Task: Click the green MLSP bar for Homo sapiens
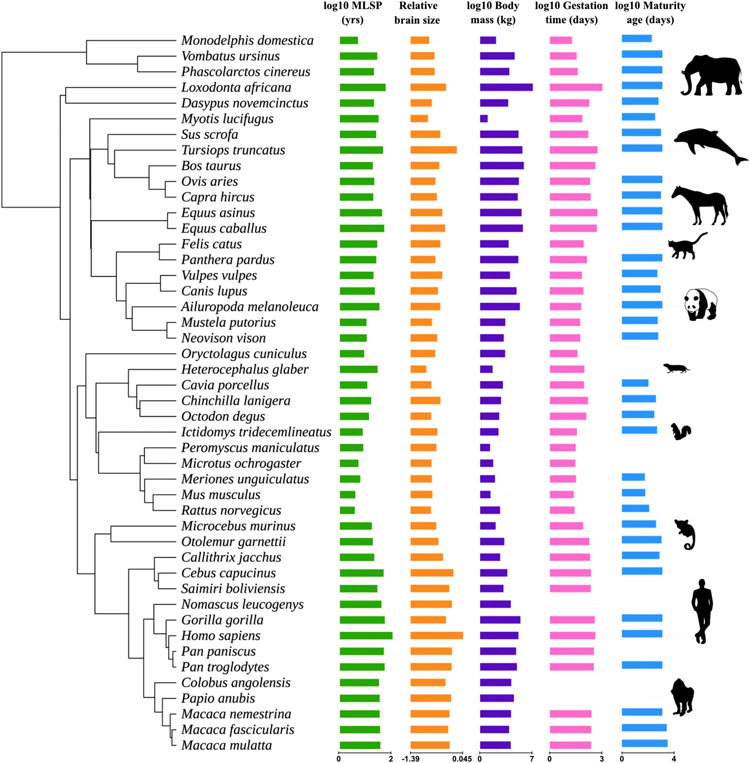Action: click(x=366, y=635)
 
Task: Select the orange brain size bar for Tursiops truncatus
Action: click(x=433, y=150)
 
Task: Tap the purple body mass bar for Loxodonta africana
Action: click(x=506, y=87)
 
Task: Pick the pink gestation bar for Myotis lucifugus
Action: click(x=566, y=118)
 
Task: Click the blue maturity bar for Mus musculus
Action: click(x=633, y=493)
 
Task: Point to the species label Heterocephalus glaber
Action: click(x=245, y=369)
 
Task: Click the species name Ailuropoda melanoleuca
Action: click(x=250, y=306)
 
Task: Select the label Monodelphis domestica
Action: click(x=247, y=40)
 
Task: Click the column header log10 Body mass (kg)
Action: click(x=493, y=13)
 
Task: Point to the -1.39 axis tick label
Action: click(x=411, y=758)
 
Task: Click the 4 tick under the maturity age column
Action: click(x=674, y=758)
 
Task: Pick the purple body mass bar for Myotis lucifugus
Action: click(x=484, y=118)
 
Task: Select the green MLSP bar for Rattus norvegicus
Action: click(x=347, y=510)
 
